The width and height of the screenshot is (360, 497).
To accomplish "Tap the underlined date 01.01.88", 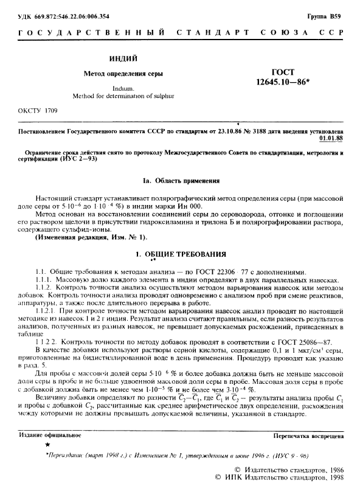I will point(331,138).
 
